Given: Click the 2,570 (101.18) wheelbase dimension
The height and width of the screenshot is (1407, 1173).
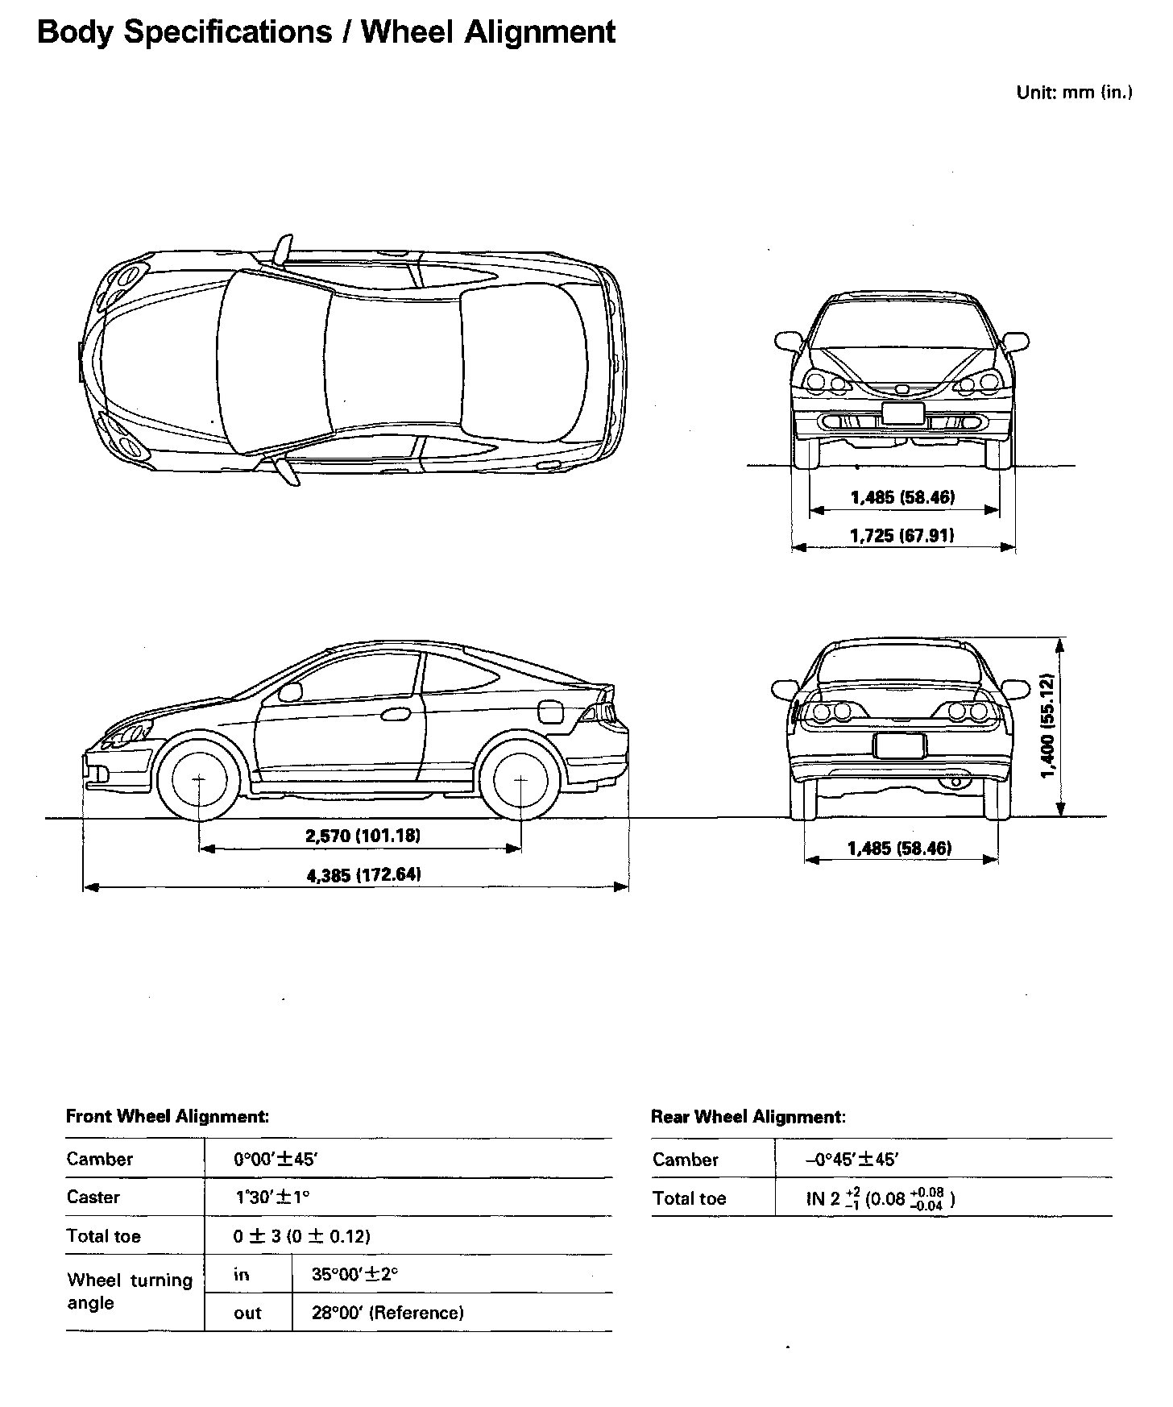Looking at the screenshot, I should pos(363,836).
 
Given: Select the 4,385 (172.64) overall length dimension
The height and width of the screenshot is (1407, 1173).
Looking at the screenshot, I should pos(364,874).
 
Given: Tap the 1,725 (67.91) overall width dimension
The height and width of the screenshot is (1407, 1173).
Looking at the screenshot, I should pos(902,535).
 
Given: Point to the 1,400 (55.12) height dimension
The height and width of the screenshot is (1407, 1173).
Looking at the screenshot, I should pos(1048,726).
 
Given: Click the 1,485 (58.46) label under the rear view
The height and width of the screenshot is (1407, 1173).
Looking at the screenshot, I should pos(900,848).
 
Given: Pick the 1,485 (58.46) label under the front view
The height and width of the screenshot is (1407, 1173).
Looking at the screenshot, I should pos(902,497).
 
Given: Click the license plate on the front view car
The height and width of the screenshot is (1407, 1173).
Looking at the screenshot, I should pos(902,413).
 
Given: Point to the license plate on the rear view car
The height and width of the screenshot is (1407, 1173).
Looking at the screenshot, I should pos(899,746).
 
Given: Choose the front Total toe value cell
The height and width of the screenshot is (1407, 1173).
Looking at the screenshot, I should pos(302,1235).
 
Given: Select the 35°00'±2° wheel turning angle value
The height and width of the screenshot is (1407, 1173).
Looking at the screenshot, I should pos(355,1274).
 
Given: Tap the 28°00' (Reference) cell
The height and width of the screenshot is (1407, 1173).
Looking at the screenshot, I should pos(388,1313).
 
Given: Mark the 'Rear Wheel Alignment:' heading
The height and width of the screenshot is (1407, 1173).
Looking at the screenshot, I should pos(748,1117).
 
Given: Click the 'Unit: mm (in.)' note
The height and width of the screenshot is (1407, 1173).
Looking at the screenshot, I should pos(1074,92).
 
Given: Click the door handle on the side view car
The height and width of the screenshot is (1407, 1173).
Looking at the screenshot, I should pos(396,713).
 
